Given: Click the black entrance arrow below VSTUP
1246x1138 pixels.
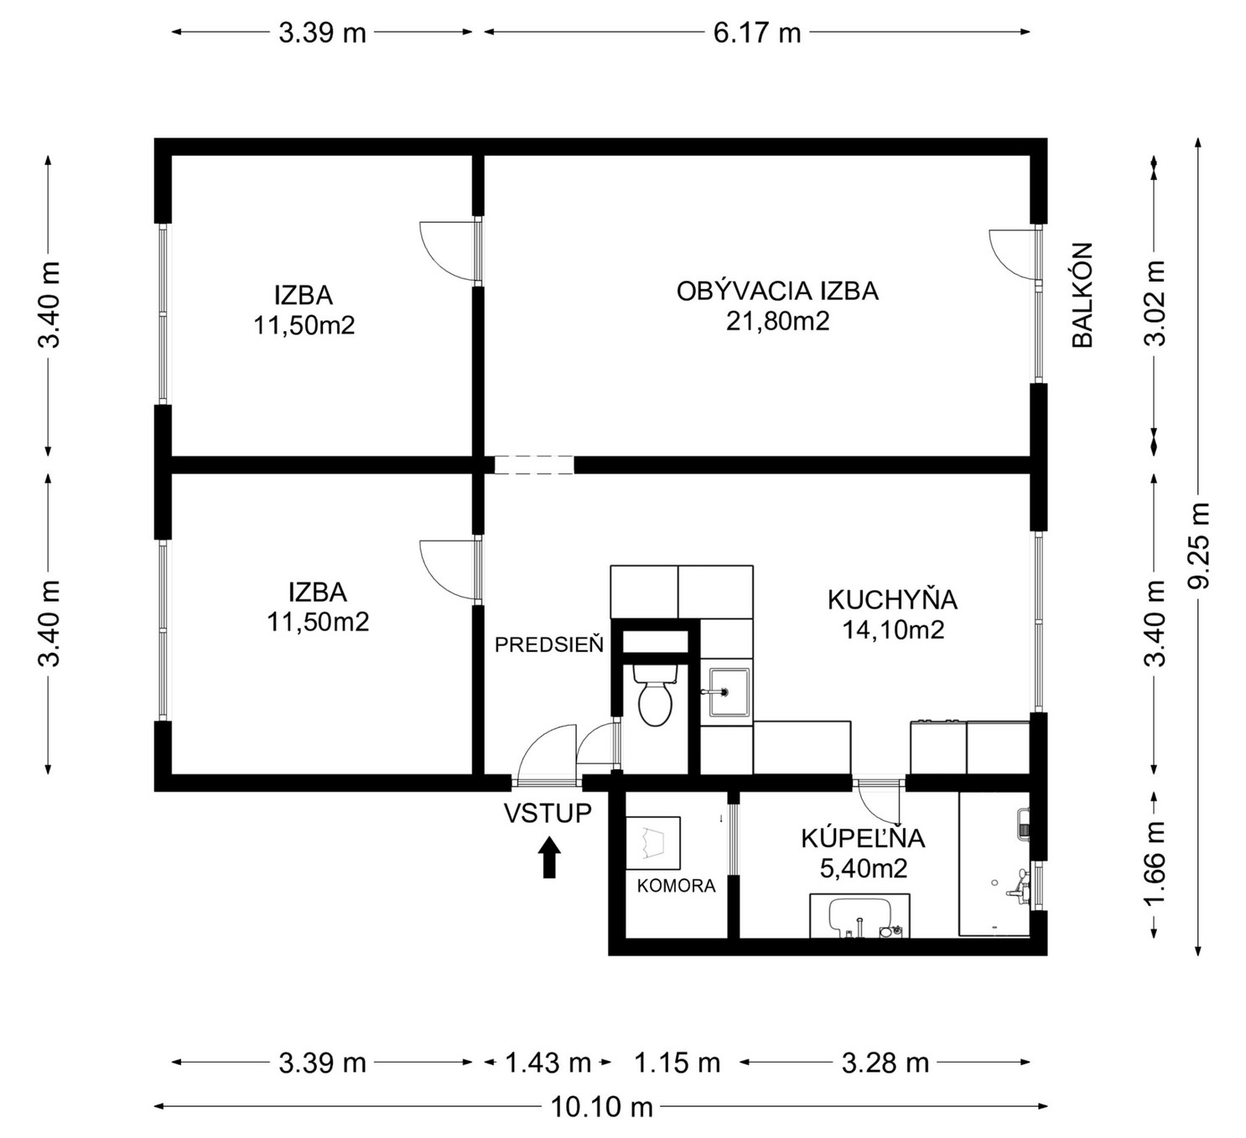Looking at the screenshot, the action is (549, 857).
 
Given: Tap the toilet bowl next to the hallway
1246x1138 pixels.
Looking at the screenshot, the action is (655, 696).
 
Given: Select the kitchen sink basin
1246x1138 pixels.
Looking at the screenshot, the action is (729, 692).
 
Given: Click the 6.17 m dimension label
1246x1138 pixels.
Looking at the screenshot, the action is (756, 33).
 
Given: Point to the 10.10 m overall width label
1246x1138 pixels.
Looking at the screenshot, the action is (602, 1107).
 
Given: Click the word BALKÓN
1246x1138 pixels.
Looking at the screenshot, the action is (1082, 295).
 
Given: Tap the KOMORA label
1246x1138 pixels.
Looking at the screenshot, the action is (677, 886).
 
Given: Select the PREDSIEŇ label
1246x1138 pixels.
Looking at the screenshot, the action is (549, 645).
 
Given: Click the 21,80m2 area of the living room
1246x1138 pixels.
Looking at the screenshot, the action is (777, 321).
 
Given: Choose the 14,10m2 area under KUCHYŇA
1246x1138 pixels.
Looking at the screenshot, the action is (893, 630).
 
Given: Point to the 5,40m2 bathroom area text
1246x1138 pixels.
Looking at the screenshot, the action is (864, 868).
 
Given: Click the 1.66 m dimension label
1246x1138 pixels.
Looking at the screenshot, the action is (1155, 864).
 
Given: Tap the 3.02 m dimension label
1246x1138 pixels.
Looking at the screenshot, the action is (1155, 303).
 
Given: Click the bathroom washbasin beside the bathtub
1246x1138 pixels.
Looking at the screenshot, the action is (859, 918).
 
